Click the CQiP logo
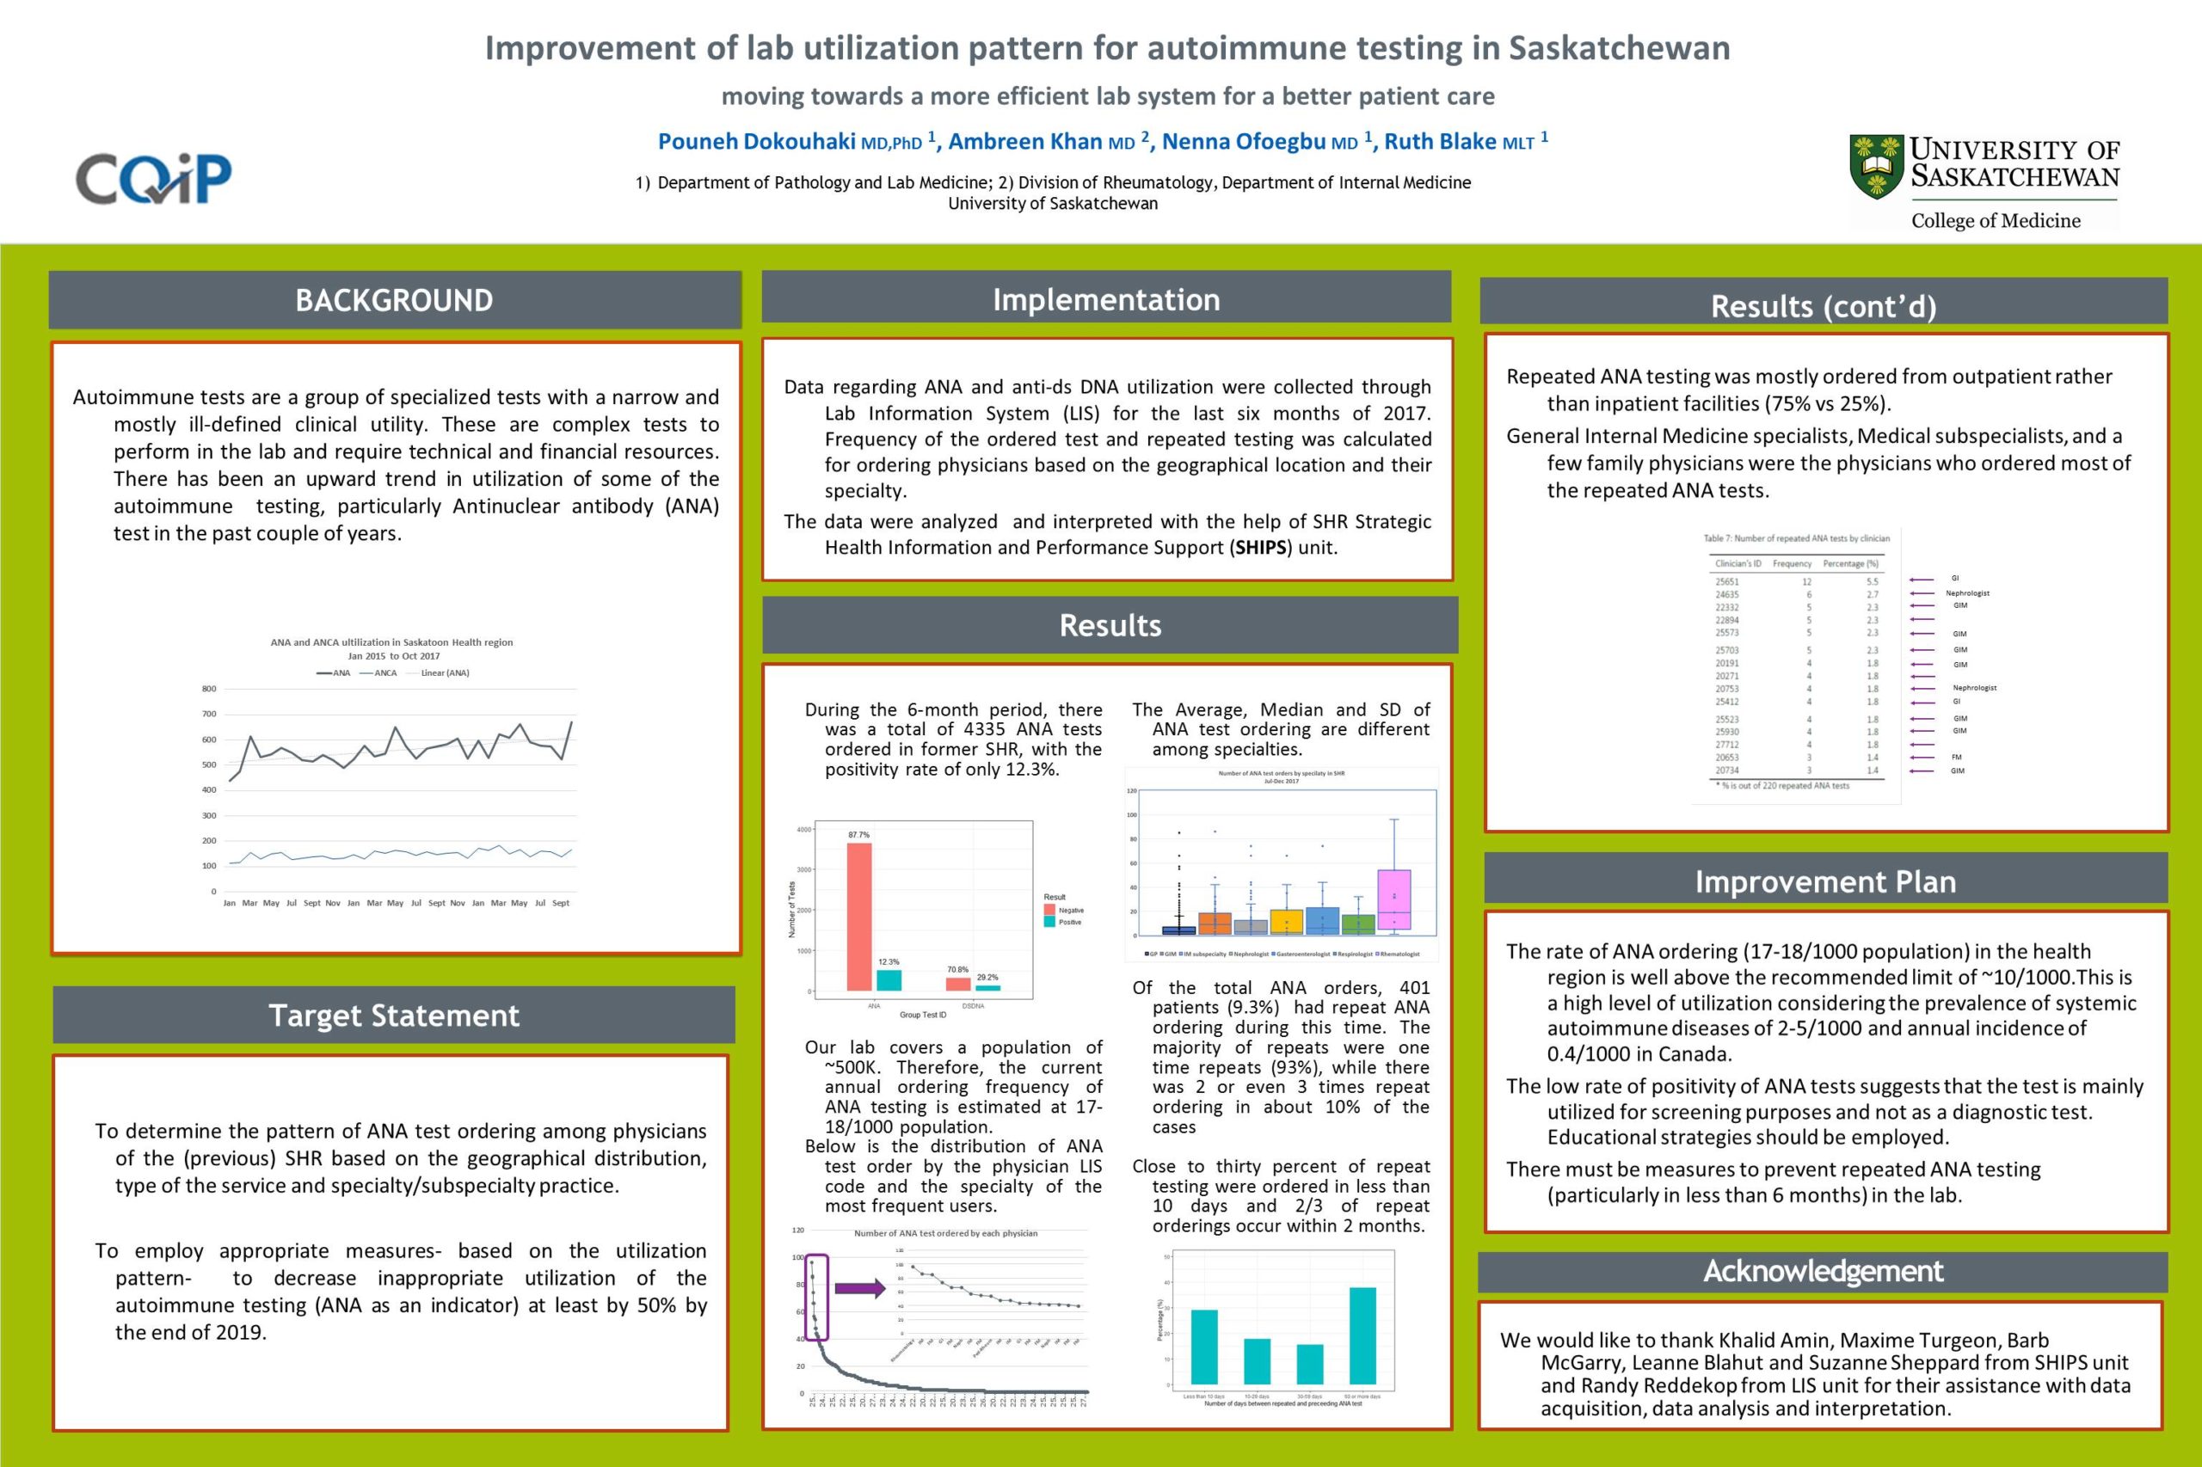click(153, 178)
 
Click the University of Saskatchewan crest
click(1875, 167)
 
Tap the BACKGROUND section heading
click(394, 300)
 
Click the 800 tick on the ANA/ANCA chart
click(209, 689)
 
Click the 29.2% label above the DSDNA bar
click(987, 977)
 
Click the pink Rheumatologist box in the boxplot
click(1393, 899)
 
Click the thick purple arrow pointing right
click(859, 1288)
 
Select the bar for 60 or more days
click(1362, 1335)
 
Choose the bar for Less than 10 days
click(1203, 1347)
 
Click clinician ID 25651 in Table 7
click(1726, 582)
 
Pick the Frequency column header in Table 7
click(1791, 563)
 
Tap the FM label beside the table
click(1957, 757)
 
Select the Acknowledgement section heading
click(1822, 1272)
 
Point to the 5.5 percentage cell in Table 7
click(1872, 582)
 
